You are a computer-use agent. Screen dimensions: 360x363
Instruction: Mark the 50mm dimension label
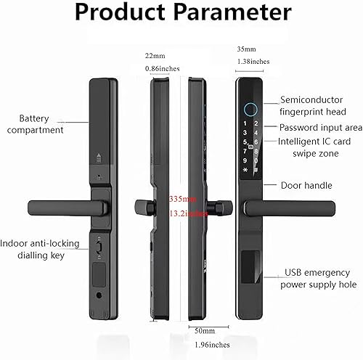click(x=196, y=330)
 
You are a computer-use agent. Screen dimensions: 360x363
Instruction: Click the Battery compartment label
click(x=41, y=123)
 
